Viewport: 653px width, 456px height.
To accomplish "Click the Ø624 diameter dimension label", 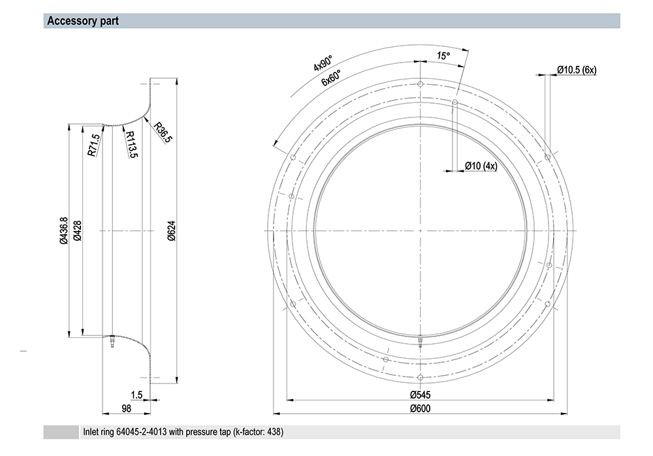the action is pyautogui.click(x=172, y=230).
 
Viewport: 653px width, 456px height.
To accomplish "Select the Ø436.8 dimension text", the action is pyautogui.click(x=63, y=230).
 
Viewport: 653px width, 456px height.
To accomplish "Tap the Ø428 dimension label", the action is pyautogui.click(x=77, y=230).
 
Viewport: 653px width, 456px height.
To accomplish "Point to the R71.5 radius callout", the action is pyautogui.click(x=93, y=145).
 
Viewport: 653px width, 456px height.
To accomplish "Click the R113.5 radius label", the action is pyautogui.click(x=131, y=144).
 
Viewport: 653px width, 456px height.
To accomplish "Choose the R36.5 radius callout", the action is pyautogui.click(x=163, y=132).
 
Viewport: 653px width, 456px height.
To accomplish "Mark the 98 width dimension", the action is pyautogui.click(x=126, y=408).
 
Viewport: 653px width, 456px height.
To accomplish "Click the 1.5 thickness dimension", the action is pyautogui.click(x=136, y=395).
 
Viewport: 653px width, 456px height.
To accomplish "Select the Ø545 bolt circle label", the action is pyautogui.click(x=420, y=395).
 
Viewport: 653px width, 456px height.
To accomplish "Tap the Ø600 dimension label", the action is pyautogui.click(x=420, y=408).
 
